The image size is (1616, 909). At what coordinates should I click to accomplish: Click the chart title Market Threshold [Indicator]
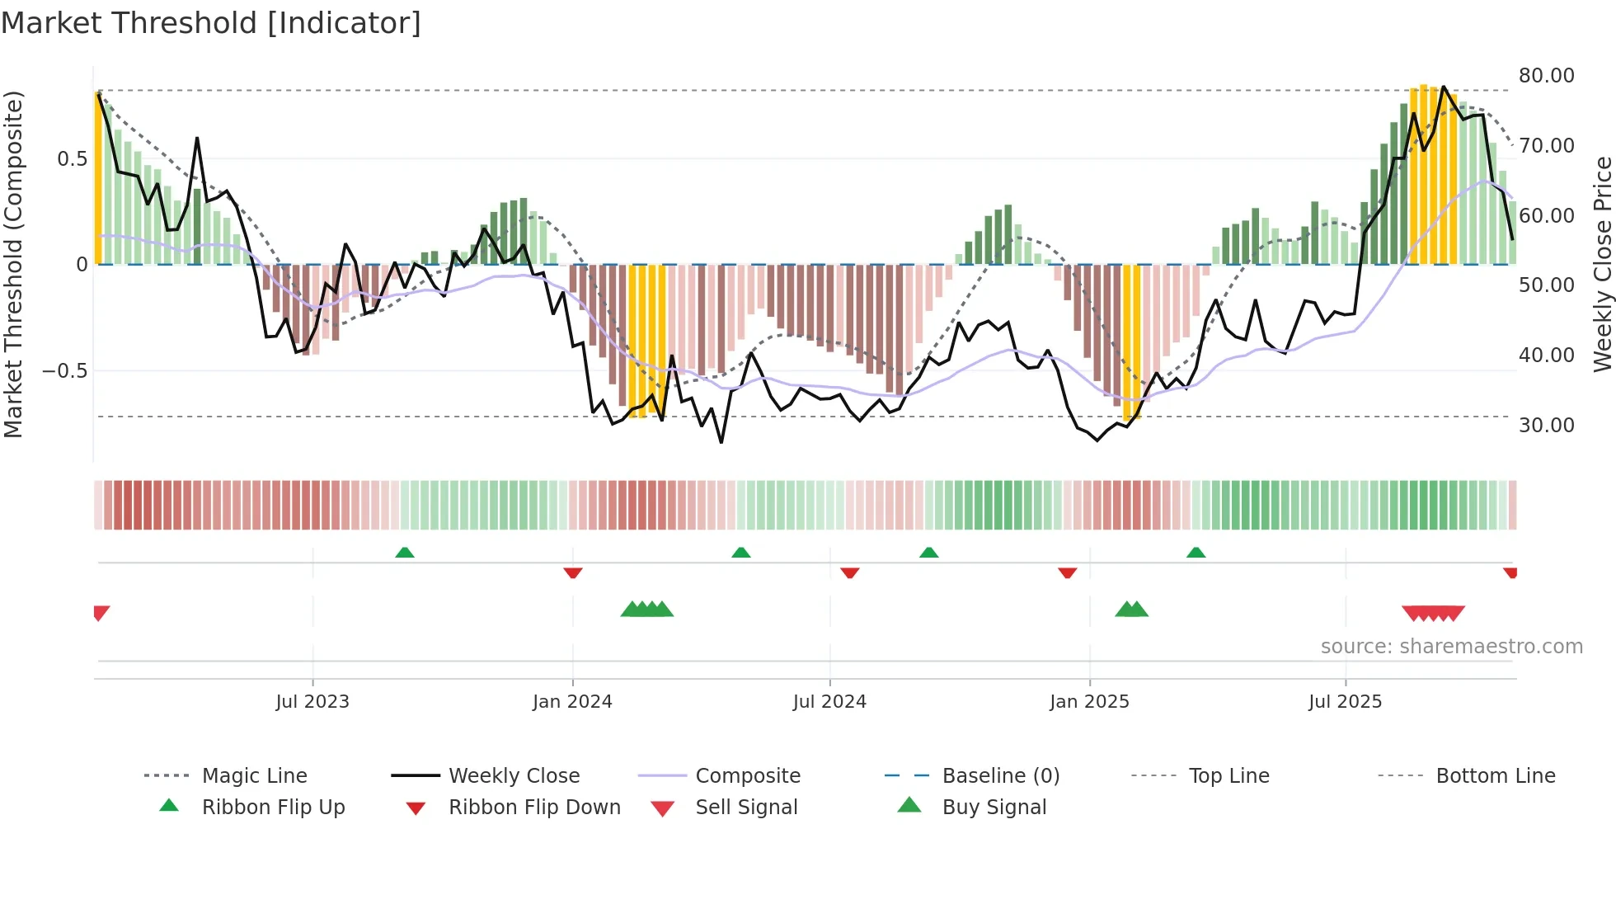tap(211, 23)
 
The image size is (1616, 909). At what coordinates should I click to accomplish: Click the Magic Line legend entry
tap(254, 776)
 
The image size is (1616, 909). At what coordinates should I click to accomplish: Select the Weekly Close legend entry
tap(514, 776)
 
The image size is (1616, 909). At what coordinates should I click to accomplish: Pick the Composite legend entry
tap(747, 776)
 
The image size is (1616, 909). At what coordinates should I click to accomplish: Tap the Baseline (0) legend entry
tap(1000, 776)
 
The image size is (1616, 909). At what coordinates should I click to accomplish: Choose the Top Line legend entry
tap(1228, 776)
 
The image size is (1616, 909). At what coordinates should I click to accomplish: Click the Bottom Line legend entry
tap(1495, 776)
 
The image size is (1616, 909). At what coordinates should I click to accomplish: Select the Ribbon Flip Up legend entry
tap(273, 808)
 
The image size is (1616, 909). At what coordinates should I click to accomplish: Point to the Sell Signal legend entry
tap(746, 808)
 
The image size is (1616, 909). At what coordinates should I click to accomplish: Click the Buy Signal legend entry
tap(994, 808)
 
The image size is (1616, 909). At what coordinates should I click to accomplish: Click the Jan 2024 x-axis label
tap(572, 702)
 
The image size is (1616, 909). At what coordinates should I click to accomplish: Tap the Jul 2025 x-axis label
tap(1345, 702)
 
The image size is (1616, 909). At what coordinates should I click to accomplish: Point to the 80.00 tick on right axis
tap(1546, 76)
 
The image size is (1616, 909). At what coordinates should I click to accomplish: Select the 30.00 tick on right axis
tap(1546, 426)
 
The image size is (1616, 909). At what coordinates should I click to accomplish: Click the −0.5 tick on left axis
tap(64, 371)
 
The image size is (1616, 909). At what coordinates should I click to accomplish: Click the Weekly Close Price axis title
tap(1602, 264)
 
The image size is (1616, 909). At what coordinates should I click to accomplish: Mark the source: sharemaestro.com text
tap(1451, 647)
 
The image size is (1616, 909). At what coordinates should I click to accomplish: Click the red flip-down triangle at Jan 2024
tap(573, 572)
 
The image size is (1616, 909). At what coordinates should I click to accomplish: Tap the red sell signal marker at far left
tap(101, 613)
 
